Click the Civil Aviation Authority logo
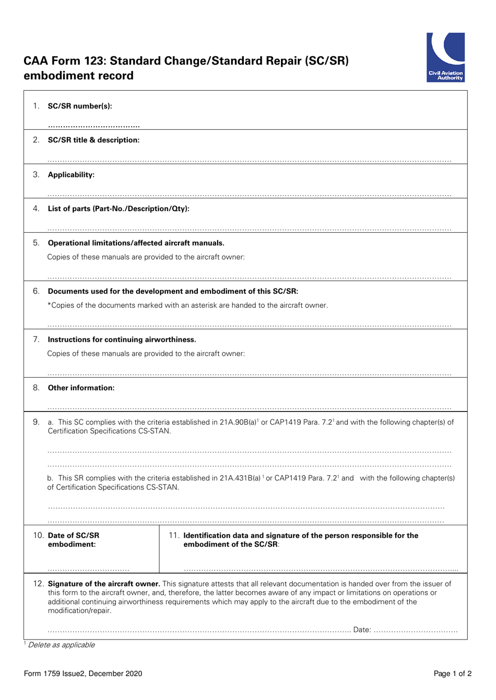point(445,57)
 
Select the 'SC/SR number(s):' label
point(80,106)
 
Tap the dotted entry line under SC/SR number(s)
point(93,126)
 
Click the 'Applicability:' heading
point(71,175)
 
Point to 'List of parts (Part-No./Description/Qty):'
point(119,209)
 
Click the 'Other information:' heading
point(81,388)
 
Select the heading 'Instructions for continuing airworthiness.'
point(122,340)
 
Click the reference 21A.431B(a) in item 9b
point(240,478)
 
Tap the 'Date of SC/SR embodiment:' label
point(73,540)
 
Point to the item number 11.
point(174,536)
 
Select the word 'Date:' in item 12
point(362,630)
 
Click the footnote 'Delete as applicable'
point(61,645)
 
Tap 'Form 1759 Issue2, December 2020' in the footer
point(83,673)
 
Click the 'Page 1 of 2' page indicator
point(452,673)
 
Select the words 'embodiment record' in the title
point(78,76)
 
